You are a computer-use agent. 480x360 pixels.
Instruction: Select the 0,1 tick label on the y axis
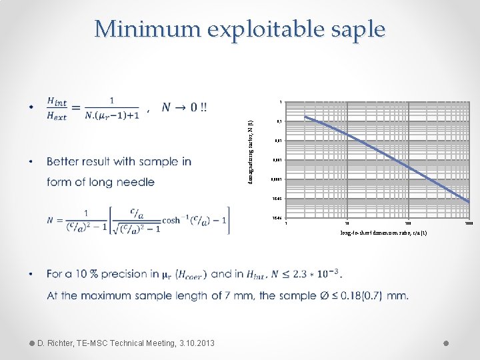[x=279, y=122]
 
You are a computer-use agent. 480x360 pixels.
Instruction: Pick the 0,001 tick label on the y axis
[x=277, y=161]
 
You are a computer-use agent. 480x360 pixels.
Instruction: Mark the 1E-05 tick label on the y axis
[x=277, y=199]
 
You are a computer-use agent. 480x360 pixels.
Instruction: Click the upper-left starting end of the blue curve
[x=306, y=118]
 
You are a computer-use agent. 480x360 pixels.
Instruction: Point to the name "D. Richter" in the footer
[x=61, y=343]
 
